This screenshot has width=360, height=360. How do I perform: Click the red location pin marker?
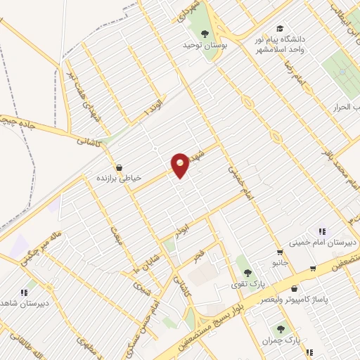181,165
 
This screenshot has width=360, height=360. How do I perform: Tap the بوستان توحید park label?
205,47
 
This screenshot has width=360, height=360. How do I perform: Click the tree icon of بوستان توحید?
205,34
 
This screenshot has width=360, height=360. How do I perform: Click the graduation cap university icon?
280,29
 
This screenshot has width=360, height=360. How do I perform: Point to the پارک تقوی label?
244,284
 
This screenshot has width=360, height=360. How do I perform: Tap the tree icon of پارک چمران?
281,327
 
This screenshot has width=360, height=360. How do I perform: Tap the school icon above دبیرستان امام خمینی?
322,231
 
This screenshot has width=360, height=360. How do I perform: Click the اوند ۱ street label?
150,108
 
